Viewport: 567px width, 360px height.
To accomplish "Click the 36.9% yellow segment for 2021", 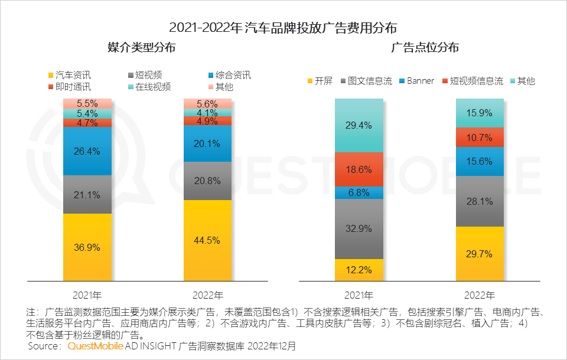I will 87,246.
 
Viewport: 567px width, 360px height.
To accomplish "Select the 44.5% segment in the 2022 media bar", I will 207,240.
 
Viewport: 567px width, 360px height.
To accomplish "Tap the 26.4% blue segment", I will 87,150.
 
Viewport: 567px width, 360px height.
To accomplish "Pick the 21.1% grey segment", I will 87,194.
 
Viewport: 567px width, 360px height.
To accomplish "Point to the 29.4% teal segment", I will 359,125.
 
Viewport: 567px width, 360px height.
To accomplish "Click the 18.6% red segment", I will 359,169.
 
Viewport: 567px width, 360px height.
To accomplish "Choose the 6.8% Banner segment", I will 359,192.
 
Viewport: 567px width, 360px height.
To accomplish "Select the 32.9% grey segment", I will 359,228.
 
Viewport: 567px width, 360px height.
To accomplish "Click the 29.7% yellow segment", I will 479,253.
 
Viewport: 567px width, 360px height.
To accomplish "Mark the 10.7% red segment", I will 479,138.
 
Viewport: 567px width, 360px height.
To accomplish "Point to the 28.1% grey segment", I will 479,201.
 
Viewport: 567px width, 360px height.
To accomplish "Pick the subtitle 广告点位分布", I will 425,48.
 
